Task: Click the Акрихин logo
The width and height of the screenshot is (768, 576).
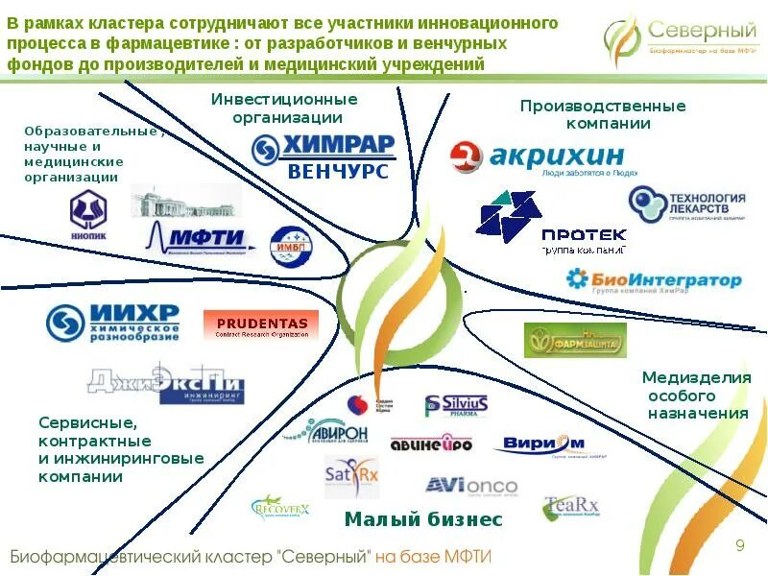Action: pos(538,158)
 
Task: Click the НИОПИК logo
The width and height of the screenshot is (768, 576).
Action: pos(88,213)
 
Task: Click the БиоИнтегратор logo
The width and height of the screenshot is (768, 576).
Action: pos(654,279)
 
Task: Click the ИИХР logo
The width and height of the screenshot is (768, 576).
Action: pos(113,323)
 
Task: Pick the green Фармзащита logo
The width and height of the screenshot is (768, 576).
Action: pos(575,341)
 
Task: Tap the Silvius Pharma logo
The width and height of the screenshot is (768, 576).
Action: pos(457,406)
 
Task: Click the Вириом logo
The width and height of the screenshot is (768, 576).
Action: pos(543,444)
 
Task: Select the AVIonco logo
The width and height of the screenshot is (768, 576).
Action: pos(471,486)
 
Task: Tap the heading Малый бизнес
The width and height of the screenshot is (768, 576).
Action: pos(423,519)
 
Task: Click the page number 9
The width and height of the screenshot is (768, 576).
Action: pos(740,546)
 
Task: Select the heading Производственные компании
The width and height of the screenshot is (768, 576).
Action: pos(602,114)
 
